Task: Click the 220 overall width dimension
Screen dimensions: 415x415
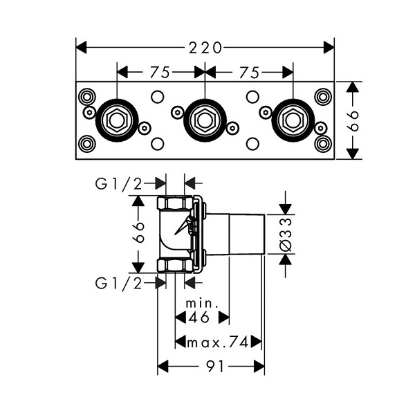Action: [x=205, y=48]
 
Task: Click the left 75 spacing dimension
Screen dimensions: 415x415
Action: [x=161, y=71]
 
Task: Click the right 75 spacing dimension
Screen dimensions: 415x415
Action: [x=250, y=71]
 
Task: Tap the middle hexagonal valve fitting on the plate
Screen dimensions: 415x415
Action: [x=205, y=120]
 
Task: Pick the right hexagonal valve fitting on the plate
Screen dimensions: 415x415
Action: [x=293, y=120]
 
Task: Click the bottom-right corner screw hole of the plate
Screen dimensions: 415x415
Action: [x=323, y=144]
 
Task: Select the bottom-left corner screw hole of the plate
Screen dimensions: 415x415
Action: [x=86, y=144]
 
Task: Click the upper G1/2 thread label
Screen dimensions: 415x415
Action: [x=119, y=183]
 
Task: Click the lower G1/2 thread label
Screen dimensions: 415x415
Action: [x=119, y=282]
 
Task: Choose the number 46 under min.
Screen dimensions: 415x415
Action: [x=201, y=318]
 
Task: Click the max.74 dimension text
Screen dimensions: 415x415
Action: [x=219, y=342]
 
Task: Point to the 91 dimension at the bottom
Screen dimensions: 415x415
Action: [x=212, y=368]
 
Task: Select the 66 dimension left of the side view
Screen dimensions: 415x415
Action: [x=138, y=233]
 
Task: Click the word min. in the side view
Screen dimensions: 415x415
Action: [x=202, y=304]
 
